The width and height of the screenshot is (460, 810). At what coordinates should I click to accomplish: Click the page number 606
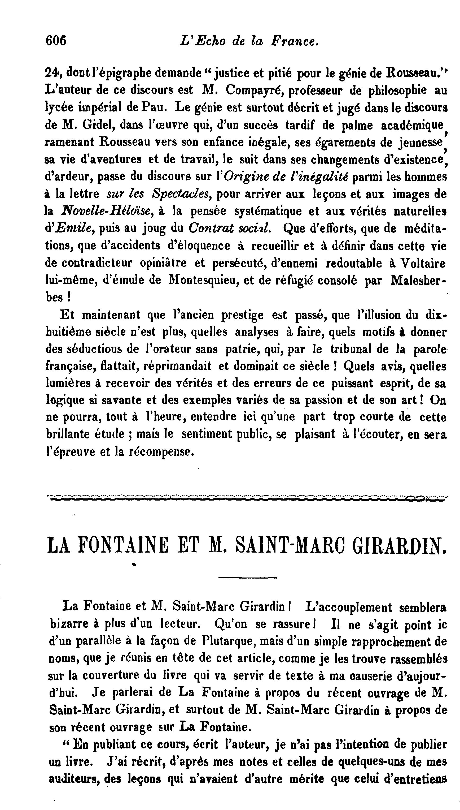(x=56, y=41)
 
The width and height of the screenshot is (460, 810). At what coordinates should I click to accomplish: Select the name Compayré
(x=252, y=91)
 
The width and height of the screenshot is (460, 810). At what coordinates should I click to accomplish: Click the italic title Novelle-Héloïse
(x=107, y=211)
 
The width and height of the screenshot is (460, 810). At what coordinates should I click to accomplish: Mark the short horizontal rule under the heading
(x=247, y=578)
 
